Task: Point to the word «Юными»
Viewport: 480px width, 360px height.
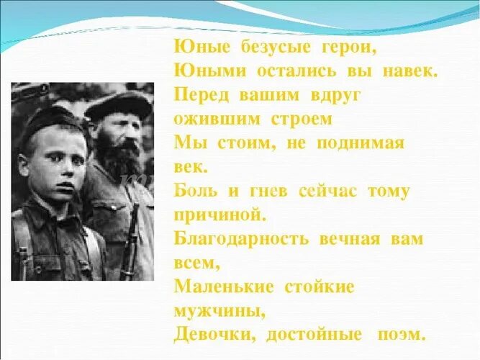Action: (x=207, y=71)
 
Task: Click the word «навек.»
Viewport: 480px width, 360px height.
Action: (x=404, y=71)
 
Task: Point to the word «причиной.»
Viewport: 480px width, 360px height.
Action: (x=220, y=215)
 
